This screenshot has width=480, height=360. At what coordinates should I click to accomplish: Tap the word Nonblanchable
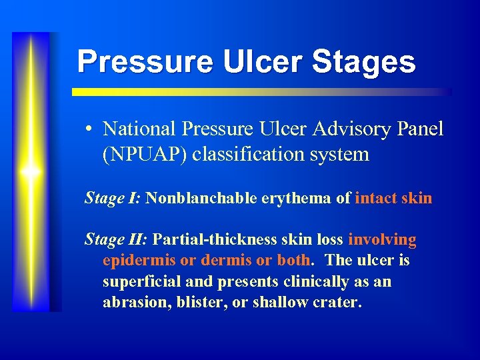click(199, 198)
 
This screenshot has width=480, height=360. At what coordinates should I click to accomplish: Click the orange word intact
click(377, 198)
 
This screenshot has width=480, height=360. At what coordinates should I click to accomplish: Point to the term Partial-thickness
click(210, 239)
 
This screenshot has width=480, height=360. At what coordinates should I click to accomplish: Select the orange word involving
click(382, 239)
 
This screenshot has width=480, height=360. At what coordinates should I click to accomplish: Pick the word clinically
click(311, 281)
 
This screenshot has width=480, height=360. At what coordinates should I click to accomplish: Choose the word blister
click(194, 302)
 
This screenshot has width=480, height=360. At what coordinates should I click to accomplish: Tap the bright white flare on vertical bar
click(31, 172)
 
